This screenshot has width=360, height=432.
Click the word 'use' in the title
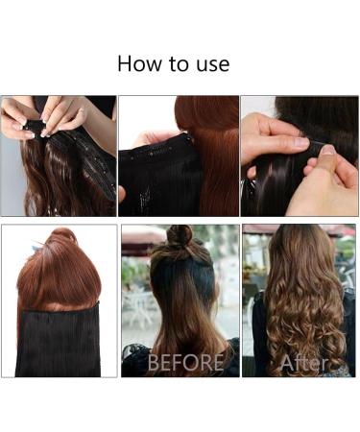click(211, 65)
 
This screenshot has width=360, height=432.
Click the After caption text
click(303, 363)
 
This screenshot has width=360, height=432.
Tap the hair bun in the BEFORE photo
click(179, 236)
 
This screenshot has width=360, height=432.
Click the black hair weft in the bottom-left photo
click(58, 342)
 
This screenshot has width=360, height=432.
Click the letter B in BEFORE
click(154, 363)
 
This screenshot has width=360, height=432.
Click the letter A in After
click(284, 363)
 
